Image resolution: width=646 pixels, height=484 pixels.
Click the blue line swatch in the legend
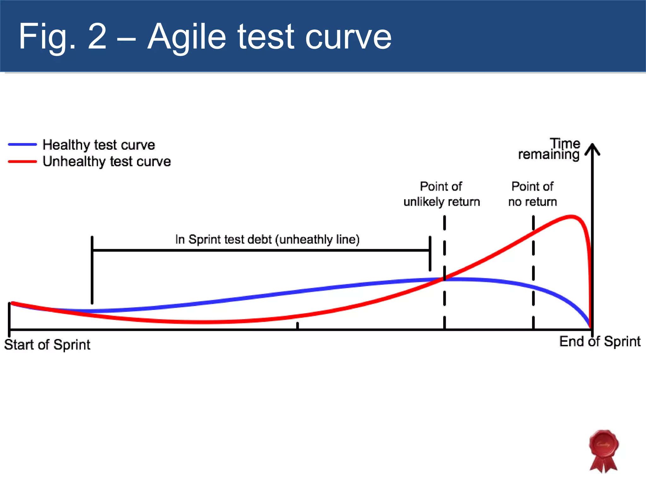point(22,144)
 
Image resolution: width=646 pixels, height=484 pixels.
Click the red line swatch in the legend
point(22,161)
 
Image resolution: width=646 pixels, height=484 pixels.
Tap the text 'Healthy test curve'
point(99,145)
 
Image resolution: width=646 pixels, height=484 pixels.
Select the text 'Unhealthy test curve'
point(107,161)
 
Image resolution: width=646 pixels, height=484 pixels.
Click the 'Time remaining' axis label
point(549,149)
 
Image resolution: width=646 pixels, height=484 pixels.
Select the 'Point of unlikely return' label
point(442,194)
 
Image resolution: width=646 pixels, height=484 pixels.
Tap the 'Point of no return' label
point(532,194)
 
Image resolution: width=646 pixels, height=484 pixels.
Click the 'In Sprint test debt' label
point(267,239)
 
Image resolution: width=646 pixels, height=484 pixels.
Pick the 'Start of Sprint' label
point(47,344)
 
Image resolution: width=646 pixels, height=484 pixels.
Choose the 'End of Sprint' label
point(600,342)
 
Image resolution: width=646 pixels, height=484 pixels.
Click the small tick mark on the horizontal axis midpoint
point(297,326)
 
